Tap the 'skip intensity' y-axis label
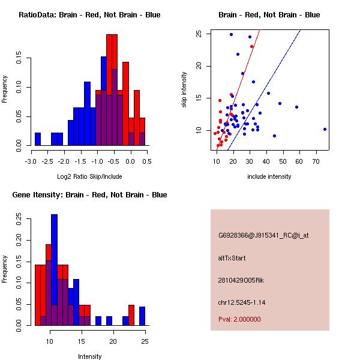point(184,90)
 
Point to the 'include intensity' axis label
point(269,176)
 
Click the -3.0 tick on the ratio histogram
point(31,161)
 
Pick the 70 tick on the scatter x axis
point(316,161)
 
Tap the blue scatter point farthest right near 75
point(325,129)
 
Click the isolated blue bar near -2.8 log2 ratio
point(38,139)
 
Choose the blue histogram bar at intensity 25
point(142,316)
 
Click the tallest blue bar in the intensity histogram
point(54,270)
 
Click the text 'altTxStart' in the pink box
point(232,258)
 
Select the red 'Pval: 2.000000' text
point(239,319)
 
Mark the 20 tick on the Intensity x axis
point(113,341)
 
